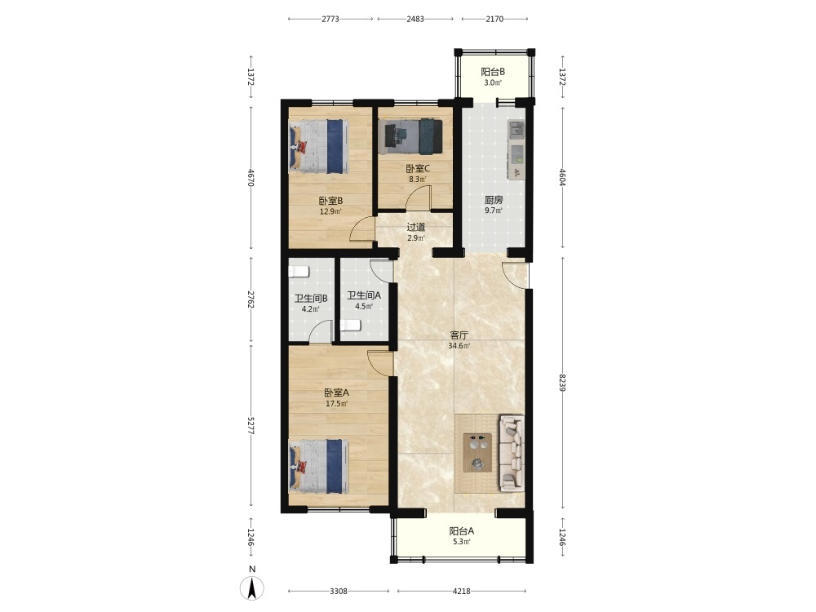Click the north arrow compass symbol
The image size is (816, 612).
tap(252, 588)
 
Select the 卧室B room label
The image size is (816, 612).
tap(331, 201)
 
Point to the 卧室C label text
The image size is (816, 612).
tap(418, 169)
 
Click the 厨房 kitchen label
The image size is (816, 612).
tap(494, 200)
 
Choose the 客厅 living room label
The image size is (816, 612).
tap(459, 335)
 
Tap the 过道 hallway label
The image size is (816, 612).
tap(416, 228)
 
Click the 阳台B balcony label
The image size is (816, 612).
tap(493, 72)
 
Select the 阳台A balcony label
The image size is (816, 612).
tap(462, 531)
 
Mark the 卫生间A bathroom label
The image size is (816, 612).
tap(364, 295)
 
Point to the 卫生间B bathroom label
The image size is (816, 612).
tap(311, 299)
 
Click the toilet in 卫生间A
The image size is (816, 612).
tap(351, 326)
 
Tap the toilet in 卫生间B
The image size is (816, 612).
tap(299, 271)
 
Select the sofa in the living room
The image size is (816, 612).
tap(512, 453)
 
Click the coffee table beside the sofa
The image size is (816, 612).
tap(477, 453)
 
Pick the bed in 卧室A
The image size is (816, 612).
tap(318, 466)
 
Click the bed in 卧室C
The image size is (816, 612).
tap(410, 137)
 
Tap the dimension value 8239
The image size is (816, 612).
tap(562, 383)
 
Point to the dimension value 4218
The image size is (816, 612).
tap(462, 591)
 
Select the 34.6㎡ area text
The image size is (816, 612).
tap(459, 345)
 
